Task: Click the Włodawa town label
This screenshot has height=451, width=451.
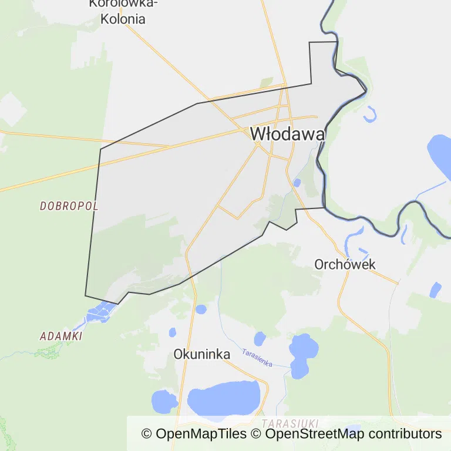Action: (x=287, y=134)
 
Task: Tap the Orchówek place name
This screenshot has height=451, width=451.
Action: (x=345, y=264)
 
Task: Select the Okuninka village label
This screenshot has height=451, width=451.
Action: (x=201, y=354)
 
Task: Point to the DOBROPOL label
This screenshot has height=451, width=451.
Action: (x=69, y=206)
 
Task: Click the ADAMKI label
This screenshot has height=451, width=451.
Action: (x=60, y=336)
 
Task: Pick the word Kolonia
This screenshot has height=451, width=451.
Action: (x=123, y=19)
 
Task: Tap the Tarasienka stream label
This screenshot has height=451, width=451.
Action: (x=257, y=358)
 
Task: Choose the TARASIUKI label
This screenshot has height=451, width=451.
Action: (x=290, y=423)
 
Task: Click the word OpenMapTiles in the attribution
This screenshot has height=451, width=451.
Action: (x=201, y=434)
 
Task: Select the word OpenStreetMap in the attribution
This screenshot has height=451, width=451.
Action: (x=315, y=434)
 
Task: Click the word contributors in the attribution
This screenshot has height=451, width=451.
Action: (x=405, y=434)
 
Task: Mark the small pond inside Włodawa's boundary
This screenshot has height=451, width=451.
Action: (x=297, y=182)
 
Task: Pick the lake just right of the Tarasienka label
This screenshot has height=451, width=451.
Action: (x=301, y=355)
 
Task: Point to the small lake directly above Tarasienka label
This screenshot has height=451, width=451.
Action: (x=260, y=338)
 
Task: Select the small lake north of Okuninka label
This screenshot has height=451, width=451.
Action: (x=201, y=309)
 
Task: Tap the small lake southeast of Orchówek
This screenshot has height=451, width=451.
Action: (x=435, y=290)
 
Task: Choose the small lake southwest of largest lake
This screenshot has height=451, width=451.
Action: (x=164, y=402)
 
